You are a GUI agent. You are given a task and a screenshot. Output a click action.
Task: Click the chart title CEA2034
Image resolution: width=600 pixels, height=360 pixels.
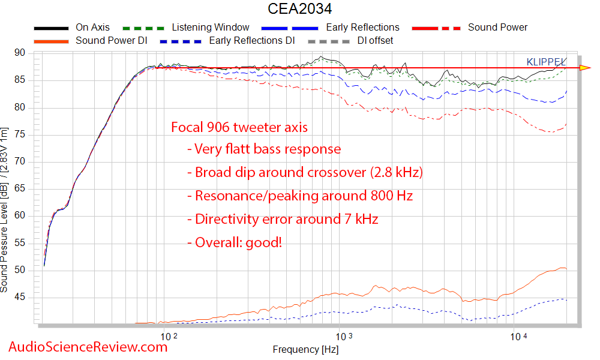coord(299,9)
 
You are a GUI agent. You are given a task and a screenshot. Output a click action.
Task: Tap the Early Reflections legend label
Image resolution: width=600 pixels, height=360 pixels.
coord(362,28)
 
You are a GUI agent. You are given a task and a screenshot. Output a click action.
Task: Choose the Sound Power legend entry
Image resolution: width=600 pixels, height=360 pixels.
coord(497,28)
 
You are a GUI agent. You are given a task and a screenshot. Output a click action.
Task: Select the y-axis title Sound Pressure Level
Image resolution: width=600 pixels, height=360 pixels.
coord(5,210)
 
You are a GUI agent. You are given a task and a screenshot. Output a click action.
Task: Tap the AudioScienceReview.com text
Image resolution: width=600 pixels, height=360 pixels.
coord(88,347)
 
